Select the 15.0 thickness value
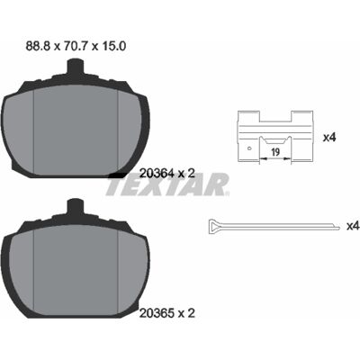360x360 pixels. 112,46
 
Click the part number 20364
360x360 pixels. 157,173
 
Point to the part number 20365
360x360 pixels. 157,313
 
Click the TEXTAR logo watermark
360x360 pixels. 168,184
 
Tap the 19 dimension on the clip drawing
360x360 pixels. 275,152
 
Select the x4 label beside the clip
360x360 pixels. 329,138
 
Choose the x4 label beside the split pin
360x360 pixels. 353,226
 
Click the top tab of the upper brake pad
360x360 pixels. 75,67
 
